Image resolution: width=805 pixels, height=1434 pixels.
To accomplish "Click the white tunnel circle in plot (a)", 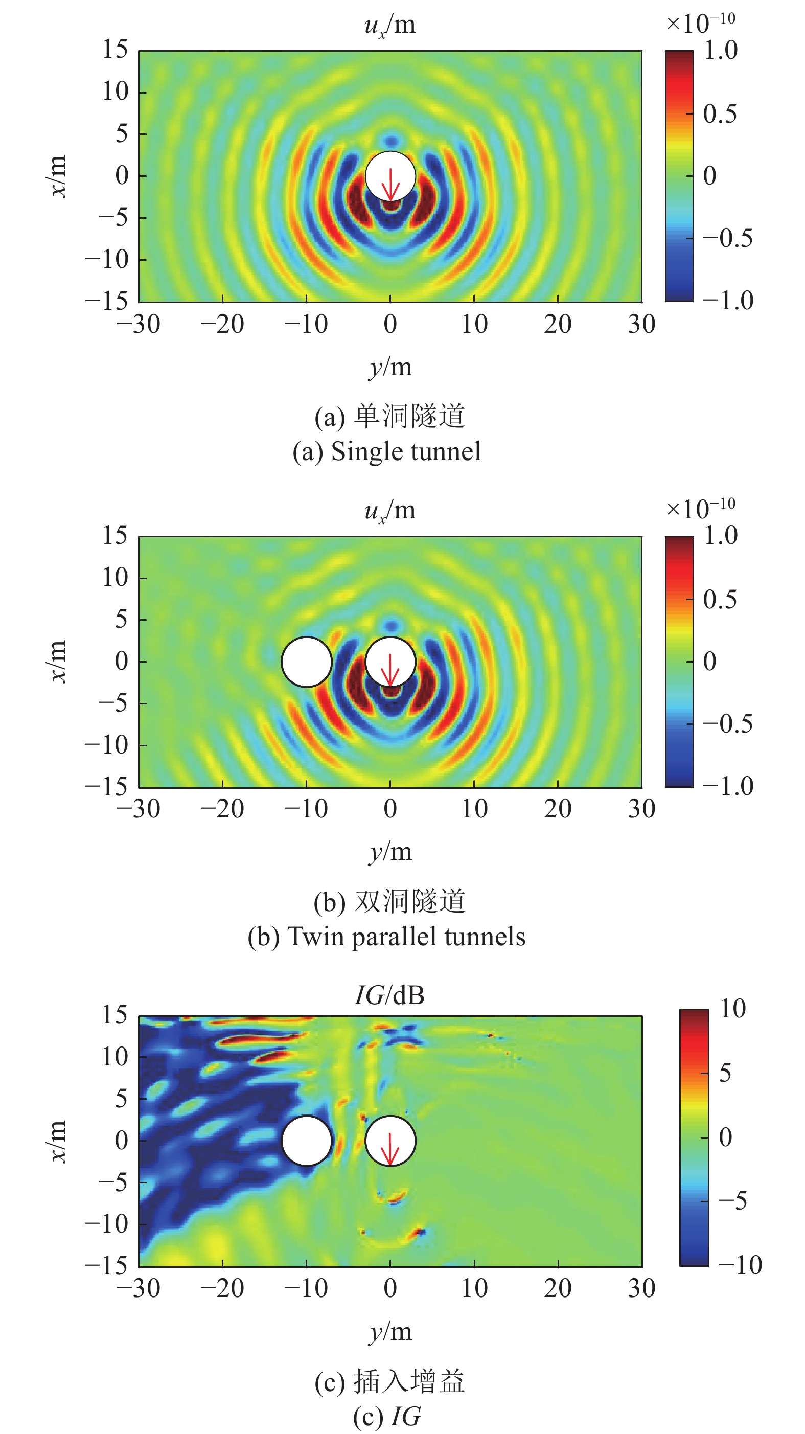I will coord(390,167).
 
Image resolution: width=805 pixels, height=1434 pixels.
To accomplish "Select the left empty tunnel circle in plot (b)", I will coord(307,662).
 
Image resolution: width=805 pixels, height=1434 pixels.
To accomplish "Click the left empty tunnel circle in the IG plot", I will coord(307,1141).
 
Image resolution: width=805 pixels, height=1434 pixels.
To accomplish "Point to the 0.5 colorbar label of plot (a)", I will coord(719,114).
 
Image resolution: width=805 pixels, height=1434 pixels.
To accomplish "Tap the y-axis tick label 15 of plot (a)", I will coord(114,50).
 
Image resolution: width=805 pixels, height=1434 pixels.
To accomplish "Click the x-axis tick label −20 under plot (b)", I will coord(222,809).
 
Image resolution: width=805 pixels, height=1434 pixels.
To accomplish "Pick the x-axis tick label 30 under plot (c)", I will coord(641,1288).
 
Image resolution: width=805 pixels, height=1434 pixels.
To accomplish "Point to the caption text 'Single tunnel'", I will coord(406,451).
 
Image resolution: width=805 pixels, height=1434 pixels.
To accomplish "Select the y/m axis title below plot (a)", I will coord(390,368).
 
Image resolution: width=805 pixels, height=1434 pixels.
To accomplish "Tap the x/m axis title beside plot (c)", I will coord(57,1141).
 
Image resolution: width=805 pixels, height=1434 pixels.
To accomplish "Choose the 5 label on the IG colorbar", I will coord(725,1073).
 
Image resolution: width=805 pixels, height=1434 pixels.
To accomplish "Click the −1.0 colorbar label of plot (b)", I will coord(728,786).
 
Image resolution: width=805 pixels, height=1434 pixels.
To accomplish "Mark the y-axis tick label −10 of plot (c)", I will coord(107,1224).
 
